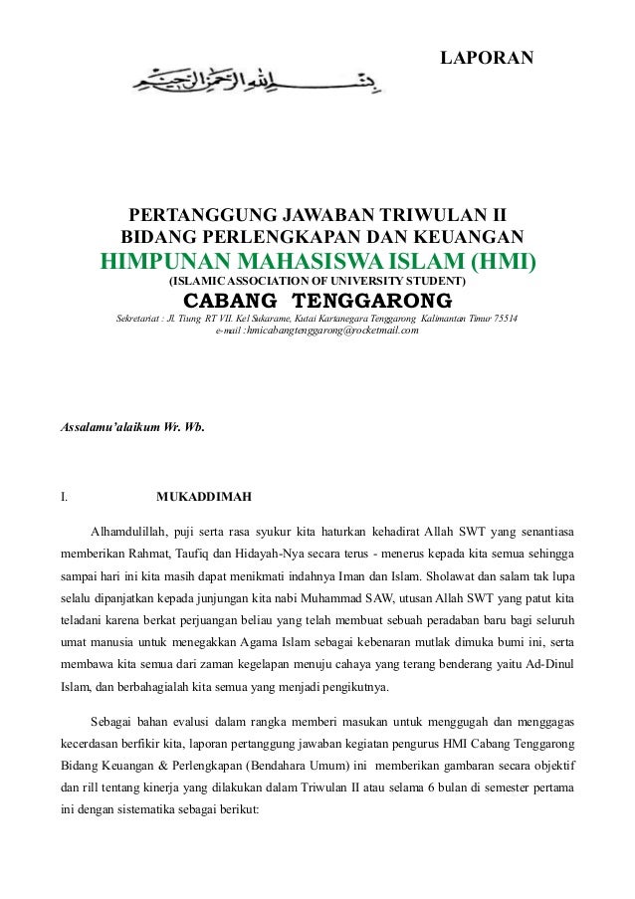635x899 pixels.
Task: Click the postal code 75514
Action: pos(516,319)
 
